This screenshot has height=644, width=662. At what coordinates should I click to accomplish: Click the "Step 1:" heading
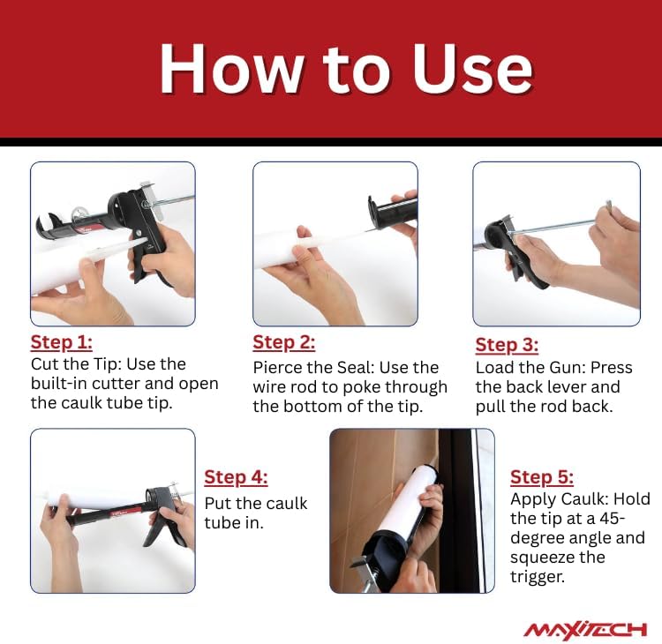click(62, 342)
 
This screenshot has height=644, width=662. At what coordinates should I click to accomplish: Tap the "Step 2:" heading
click(283, 342)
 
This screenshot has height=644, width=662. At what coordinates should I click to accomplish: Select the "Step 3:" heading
click(507, 345)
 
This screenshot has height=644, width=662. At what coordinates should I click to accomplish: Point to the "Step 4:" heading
click(236, 477)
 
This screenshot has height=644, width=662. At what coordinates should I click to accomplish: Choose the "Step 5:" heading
click(542, 477)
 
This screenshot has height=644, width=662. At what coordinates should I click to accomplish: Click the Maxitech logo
click(585, 629)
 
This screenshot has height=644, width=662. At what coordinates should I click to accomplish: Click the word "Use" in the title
click(473, 68)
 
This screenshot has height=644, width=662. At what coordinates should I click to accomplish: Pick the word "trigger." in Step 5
click(537, 577)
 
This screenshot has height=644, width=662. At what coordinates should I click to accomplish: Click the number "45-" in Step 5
click(608, 518)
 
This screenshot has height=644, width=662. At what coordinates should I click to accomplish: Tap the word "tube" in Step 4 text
click(222, 522)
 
